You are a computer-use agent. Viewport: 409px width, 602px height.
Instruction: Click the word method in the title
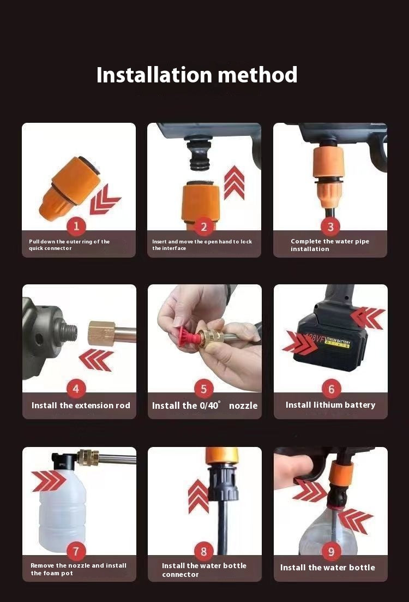(258, 74)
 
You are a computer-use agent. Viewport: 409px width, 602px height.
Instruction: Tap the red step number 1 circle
(76, 226)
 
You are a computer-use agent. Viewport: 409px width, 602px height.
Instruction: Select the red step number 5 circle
(204, 389)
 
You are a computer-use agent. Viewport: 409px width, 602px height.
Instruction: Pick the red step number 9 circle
(331, 552)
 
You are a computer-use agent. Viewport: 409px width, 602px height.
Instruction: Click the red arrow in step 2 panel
(234, 183)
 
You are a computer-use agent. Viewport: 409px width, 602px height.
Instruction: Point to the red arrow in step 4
(96, 360)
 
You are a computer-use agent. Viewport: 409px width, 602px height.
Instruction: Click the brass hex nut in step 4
(101, 333)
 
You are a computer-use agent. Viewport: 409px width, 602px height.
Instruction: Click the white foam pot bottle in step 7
(63, 507)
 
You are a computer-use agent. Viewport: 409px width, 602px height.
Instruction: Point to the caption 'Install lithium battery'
(330, 405)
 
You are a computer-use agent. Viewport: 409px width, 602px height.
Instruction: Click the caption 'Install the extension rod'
(81, 406)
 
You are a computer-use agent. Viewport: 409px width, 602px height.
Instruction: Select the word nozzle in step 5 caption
(243, 406)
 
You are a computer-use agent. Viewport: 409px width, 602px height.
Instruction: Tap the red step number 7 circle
(76, 551)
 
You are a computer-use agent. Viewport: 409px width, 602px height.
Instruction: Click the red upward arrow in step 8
(199, 497)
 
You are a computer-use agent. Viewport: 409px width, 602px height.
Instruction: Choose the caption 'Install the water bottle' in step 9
(328, 568)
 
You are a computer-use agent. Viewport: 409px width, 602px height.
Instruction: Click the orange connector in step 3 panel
(326, 175)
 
